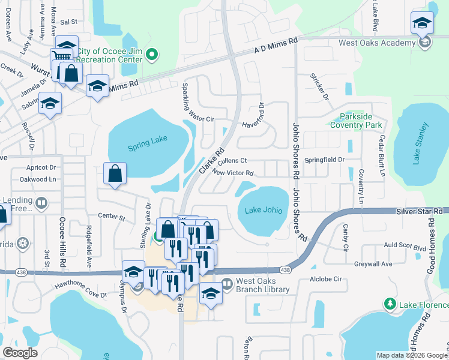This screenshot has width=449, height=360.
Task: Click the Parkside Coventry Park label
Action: [356, 121]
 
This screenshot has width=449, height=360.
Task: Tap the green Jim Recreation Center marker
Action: [152, 56]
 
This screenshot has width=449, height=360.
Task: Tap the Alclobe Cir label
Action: [325, 279]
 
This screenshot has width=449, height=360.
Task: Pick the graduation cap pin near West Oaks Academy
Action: [422, 23]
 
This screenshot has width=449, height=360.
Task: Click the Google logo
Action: [20, 353]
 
